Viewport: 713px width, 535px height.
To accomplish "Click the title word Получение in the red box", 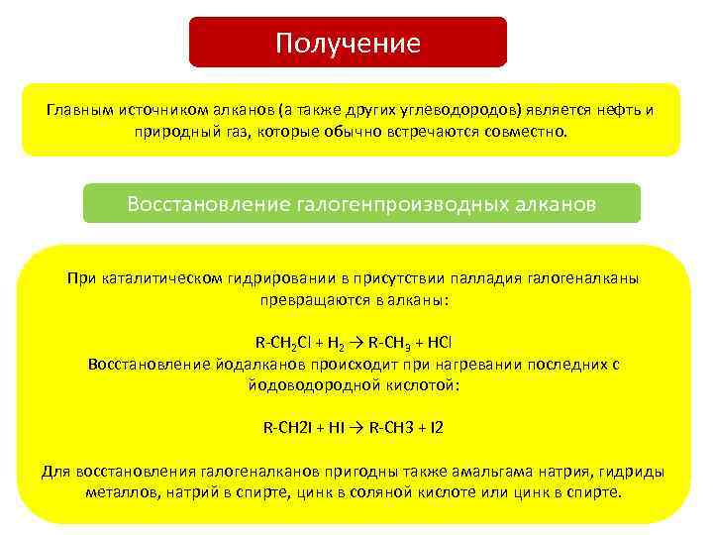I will [348, 44].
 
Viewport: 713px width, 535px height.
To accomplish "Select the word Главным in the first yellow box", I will [75, 109].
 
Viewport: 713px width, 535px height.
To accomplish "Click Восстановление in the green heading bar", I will [207, 204].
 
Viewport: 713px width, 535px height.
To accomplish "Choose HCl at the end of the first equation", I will [440, 343].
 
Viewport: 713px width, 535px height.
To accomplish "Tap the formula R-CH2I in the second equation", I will [288, 428].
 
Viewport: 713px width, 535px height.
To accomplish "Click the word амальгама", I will [465, 471].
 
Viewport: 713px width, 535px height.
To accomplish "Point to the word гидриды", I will [630, 471].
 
